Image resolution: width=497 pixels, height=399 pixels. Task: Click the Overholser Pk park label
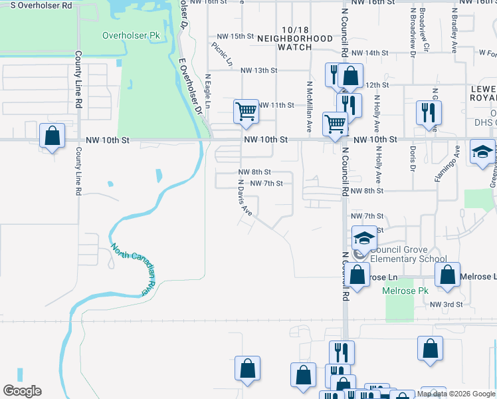point(132,35)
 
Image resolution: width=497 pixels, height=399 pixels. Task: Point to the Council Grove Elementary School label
point(408,255)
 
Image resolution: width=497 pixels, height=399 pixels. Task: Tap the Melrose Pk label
point(406,291)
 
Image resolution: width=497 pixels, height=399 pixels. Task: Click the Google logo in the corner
point(22,391)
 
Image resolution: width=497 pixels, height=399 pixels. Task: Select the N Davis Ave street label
point(245,196)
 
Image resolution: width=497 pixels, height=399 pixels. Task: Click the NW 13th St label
point(258,70)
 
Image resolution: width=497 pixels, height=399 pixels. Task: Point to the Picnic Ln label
point(223,55)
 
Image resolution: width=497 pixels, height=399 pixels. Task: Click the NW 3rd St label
point(445,304)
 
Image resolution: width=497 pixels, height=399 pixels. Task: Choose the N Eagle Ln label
point(207,91)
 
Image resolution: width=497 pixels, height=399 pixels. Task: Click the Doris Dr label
point(413,158)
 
